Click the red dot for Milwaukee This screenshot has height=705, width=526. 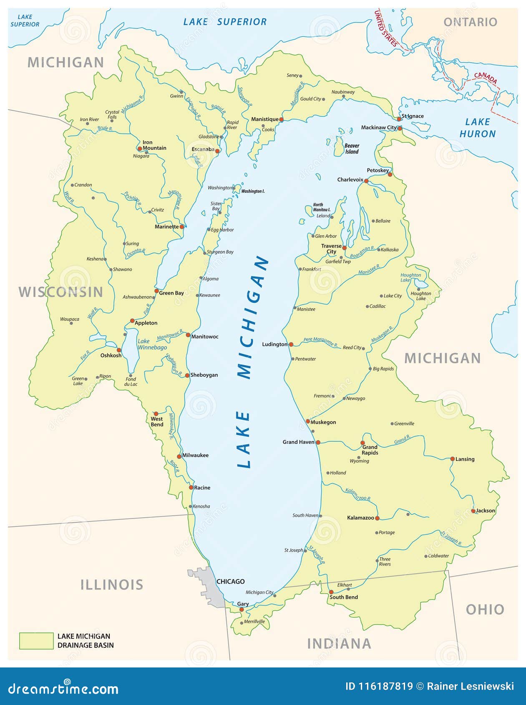(179, 456)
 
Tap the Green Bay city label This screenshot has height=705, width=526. (171, 293)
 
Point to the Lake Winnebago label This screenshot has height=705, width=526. (152, 344)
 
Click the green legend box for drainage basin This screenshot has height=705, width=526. (36, 641)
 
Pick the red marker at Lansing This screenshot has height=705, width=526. (453, 459)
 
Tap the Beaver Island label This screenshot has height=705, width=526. (352, 149)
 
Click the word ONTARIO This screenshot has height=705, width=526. (470, 22)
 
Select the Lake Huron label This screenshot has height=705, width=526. (478, 128)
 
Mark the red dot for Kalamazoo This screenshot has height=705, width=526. (377, 518)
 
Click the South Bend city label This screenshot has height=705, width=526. (344, 597)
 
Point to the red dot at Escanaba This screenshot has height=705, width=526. (217, 151)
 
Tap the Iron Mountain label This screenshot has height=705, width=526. (154, 145)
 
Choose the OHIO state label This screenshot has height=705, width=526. (485, 609)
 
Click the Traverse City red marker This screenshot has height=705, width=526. (345, 248)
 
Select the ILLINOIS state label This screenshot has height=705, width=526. (111, 585)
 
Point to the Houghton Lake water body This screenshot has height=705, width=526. (420, 285)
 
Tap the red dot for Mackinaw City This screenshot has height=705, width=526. (400, 128)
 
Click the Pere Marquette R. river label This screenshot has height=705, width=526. (320, 342)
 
